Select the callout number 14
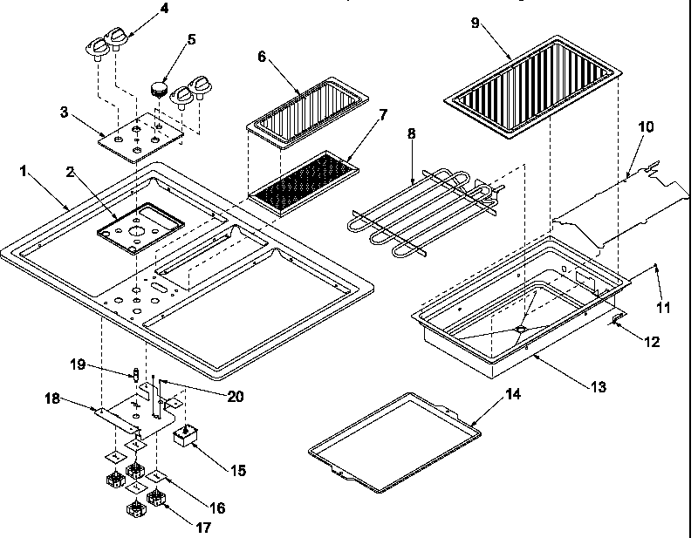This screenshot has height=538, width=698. click(514, 395)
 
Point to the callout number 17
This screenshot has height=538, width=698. click(203, 527)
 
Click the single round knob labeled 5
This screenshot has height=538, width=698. click(158, 87)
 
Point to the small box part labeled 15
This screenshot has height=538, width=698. click(185, 435)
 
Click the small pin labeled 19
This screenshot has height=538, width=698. click(135, 375)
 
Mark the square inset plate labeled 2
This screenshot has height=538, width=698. click(140, 228)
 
